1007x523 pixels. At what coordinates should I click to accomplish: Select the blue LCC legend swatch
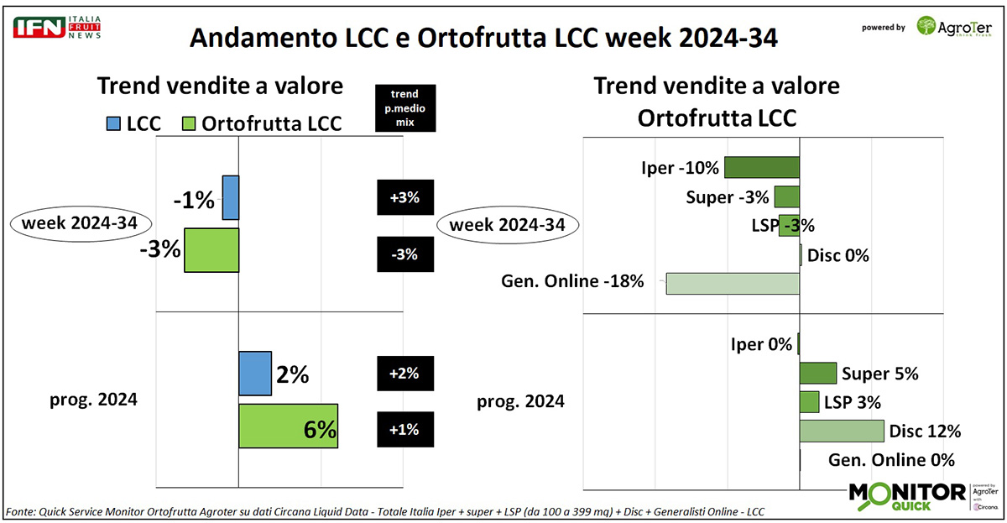(113, 124)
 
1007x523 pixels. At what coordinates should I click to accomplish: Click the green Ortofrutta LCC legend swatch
(188, 124)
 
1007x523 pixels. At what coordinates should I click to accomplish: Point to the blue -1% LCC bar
(231, 197)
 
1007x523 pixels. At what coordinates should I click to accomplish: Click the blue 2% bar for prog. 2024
(255, 373)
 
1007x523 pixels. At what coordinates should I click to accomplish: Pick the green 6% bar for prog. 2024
(288, 426)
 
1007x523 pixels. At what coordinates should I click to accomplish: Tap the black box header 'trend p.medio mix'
(406, 107)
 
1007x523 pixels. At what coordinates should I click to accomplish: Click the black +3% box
(406, 199)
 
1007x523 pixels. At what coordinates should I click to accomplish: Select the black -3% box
(406, 254)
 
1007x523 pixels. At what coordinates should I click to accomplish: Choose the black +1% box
(406, 430)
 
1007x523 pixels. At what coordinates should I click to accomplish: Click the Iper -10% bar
(762, 167)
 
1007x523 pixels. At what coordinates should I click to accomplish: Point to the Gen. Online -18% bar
(733, 283)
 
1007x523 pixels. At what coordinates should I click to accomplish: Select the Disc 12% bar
(842, 431)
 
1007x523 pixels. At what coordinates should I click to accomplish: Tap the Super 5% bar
(817, 373)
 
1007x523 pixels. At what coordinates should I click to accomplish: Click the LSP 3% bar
(809, 402)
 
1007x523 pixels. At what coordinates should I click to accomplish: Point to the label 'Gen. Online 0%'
(891, 460)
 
